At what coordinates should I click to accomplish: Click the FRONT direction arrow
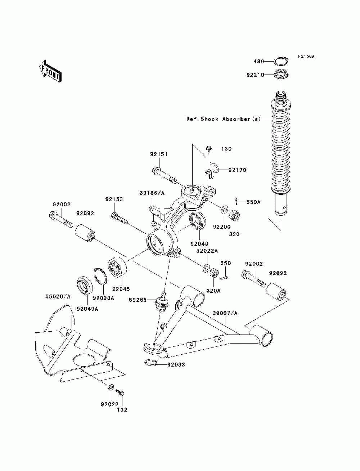click(50, 71)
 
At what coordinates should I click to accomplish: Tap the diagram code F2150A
click(306, 57)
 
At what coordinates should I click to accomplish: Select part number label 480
click(259, 61)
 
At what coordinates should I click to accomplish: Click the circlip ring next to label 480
click(281, 61)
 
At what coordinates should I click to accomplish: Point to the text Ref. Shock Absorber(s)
click(223, 119)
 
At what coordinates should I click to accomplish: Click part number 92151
click(159, 154)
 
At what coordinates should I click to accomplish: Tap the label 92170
click(237, 170)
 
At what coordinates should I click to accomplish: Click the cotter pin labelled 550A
click(236, 202)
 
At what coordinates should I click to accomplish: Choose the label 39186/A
click(152, 193)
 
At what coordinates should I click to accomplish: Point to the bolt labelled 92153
click(119, 217)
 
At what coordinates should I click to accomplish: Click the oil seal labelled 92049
click(197, 221)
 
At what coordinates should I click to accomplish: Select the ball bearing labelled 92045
click(117, 267)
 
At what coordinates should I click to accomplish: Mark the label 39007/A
click(225, 313)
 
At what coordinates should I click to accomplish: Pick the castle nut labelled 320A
click(214, 273)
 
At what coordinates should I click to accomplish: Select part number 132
click(122, 410)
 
